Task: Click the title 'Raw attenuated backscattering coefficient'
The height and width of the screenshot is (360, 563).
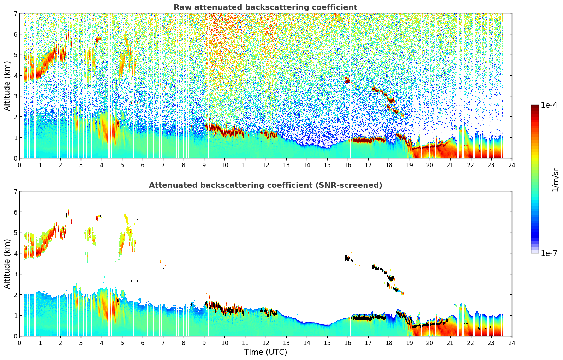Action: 265,7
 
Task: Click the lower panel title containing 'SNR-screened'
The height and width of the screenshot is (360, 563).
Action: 265,185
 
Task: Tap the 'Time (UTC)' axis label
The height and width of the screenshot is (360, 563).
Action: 265,352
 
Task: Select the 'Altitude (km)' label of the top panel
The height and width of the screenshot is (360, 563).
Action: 7,86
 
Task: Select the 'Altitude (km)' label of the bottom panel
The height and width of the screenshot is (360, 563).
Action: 7,264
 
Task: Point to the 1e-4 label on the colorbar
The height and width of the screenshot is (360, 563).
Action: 549,105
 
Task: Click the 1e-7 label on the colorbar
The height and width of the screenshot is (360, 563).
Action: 549,253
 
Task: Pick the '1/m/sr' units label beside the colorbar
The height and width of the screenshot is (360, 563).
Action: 555,180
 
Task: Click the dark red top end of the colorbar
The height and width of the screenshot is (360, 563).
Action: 534,107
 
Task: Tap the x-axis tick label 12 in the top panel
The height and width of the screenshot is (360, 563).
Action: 265,165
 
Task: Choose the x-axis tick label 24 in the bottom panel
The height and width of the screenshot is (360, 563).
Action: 511,343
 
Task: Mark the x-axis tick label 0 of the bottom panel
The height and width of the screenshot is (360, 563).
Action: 19,343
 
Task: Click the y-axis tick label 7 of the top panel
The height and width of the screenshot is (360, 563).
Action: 15,13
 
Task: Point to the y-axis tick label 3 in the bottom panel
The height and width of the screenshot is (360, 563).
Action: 15,274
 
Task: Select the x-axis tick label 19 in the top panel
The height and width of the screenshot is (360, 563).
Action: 409,165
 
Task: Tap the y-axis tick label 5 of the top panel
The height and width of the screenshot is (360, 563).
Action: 15,55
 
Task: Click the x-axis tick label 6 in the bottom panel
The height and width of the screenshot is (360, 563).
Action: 143,343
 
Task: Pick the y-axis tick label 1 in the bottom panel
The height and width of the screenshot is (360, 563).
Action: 15,315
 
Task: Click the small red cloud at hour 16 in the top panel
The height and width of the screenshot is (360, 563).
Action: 347,80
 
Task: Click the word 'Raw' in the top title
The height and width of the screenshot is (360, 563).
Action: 181,7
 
